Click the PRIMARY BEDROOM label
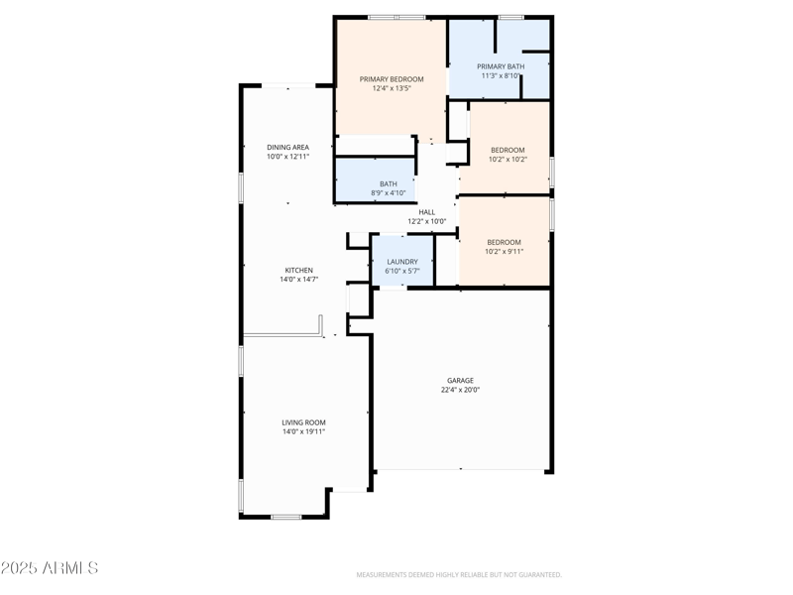point(392,79)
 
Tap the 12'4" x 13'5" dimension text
point(392,89)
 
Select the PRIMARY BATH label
point(501,66)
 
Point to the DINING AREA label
point(287,147)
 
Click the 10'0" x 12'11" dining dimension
point(287,157)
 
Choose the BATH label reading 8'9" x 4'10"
point(388,183)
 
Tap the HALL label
point(426,211)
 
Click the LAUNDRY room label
point(401,262)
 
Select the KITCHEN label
point(298,270)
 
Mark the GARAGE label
point(460,380)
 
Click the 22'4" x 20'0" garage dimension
point(460,390)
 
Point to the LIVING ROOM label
point(303,422)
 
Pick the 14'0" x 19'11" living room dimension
point(303,432)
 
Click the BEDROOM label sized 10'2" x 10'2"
point(508,150)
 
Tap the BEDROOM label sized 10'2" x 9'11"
point(504,242)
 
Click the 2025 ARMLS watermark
point(50,568)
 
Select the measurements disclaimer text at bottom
point(459,574)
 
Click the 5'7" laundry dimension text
point(412,271)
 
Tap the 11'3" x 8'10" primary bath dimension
point(501,75)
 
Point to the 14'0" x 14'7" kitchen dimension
point(298,280)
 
